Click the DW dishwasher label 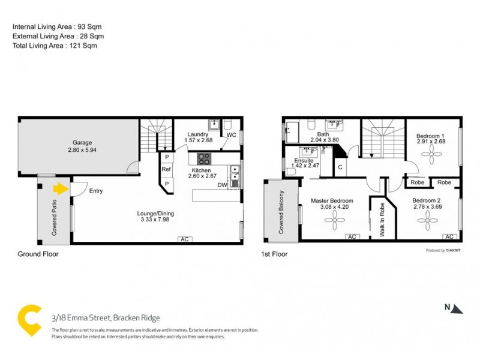coord(222,185)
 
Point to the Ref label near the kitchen coord(166,170)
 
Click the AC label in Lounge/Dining coord(185,239)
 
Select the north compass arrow coord(457,310)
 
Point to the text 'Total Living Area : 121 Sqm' coord(55,46)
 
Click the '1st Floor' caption coord(274,254)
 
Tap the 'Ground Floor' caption coord(38,254)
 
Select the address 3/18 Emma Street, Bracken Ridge coord(105,318)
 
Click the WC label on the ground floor coord(231,135)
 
